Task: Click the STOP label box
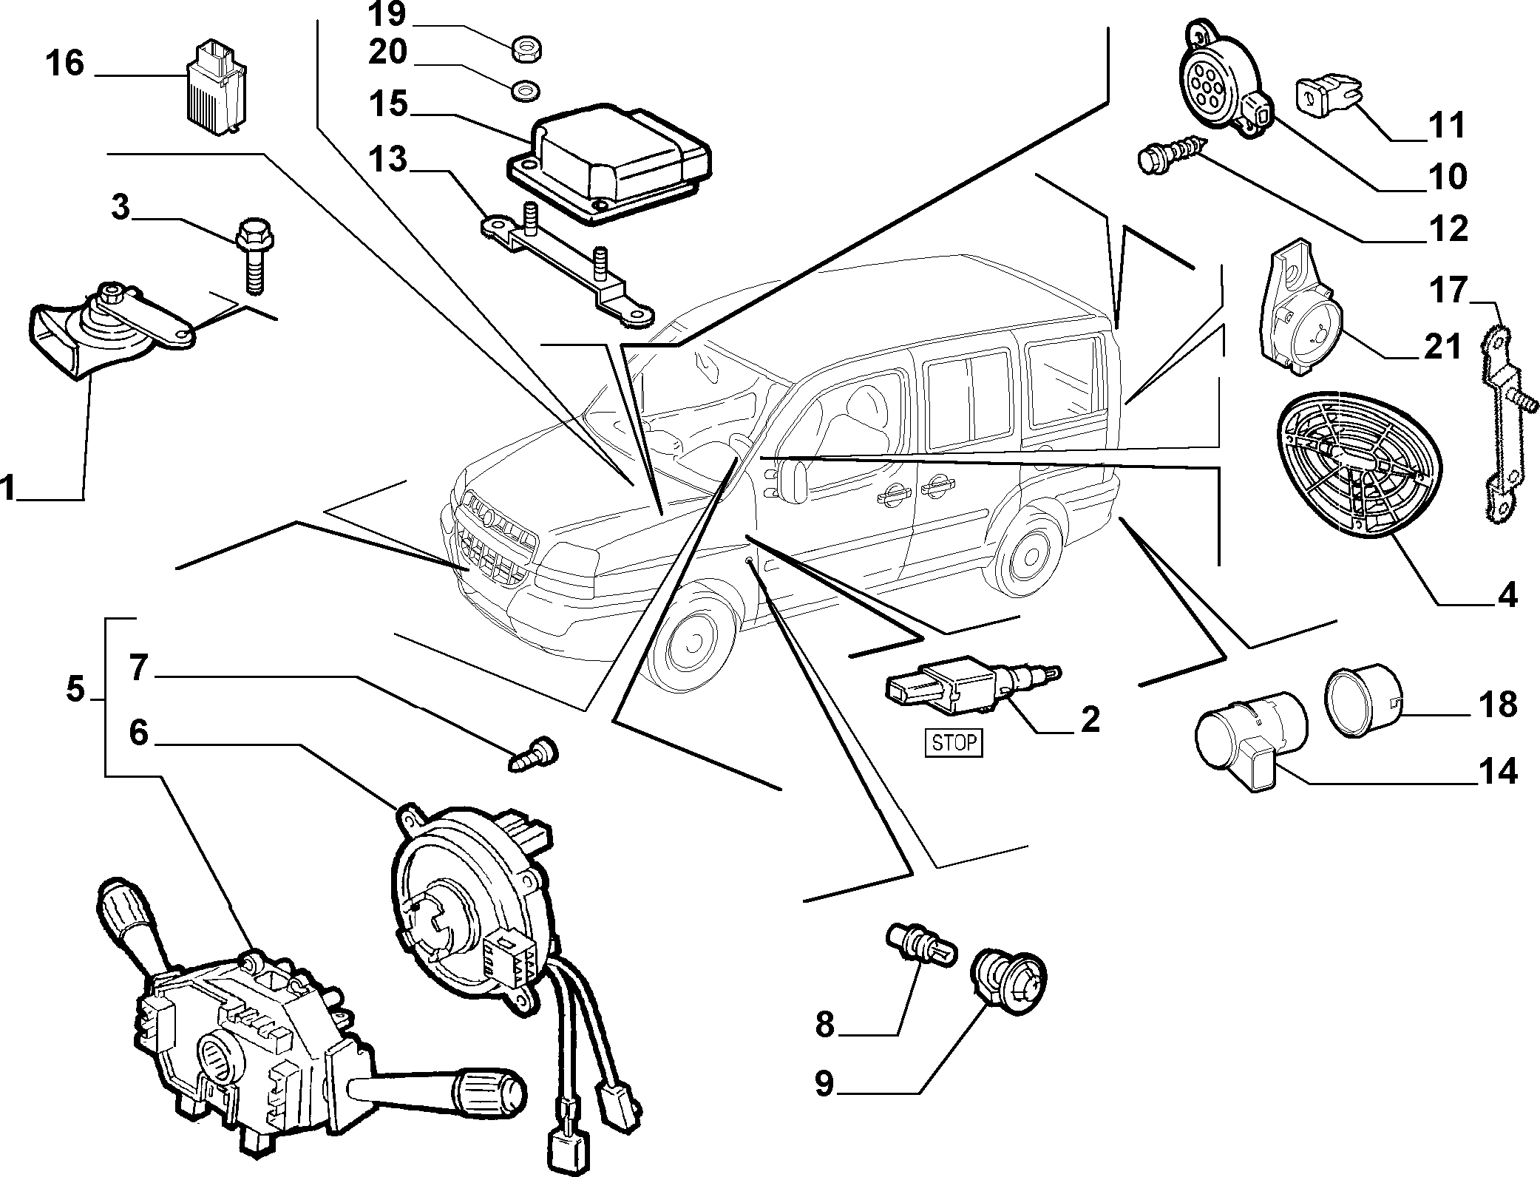click(954, 742)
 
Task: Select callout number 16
click(65, 63)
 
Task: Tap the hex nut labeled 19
click(525, 50)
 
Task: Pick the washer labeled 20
click(524, 90)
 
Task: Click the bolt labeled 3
click(253, 255)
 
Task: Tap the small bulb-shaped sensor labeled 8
click(920, 946)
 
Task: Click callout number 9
click(824, 1083)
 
